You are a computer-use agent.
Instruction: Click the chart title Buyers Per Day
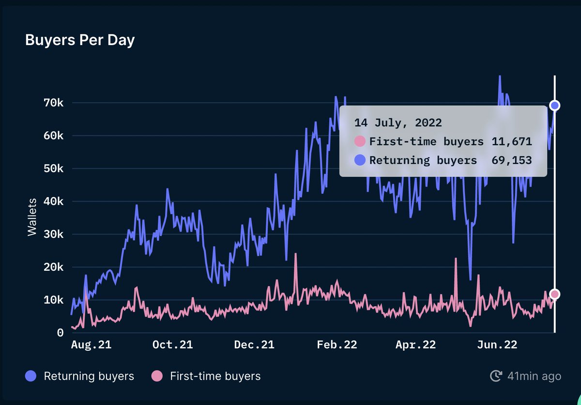tap(80, 40)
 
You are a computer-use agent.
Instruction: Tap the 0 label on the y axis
tap(60, 333)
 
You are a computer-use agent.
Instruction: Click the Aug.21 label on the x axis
tap(92, 345)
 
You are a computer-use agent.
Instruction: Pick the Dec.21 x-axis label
tap(254, 345)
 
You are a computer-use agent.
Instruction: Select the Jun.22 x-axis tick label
tap(497, 345)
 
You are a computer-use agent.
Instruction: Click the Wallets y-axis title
tap(32, 217)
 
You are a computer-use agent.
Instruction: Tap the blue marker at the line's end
tap(555, 106)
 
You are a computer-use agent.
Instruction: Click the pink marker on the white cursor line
tap(555, 294)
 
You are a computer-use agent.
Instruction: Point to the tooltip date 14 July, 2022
tap(398, 123)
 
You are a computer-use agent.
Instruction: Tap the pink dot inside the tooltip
tap(360, 141)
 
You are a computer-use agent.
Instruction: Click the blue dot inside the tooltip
tap(360, 160)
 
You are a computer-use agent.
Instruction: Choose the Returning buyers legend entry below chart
tap(80, 376)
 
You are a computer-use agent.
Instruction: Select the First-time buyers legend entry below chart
tap(206, 376)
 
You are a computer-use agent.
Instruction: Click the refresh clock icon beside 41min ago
tap(496, 376)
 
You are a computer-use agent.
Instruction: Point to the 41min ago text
tap(534, 376)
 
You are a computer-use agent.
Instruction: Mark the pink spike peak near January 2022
tap(295, 254)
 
